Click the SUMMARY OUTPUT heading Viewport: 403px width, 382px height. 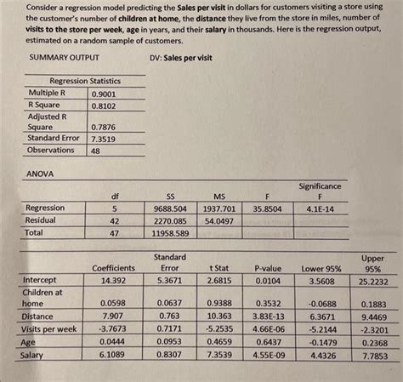[64, 58]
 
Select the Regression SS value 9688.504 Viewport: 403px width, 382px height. [170, 208]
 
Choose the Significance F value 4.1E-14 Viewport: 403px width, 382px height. [320, 208]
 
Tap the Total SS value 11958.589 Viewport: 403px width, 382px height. [169, 232]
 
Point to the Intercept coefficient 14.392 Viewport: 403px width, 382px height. [113, 280]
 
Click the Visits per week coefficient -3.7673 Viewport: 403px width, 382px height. [113, 328]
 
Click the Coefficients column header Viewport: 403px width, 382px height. [113, 268]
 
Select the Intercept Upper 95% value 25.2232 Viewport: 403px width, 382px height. [373, 281]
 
